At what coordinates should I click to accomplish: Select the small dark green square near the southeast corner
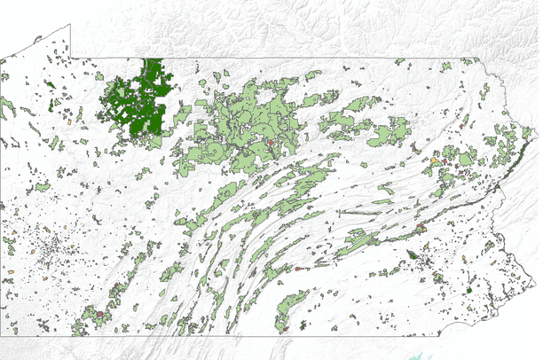(469, 290)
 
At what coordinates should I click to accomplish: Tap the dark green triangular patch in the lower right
(412, 255)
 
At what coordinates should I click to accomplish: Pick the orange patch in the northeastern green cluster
(436, 160)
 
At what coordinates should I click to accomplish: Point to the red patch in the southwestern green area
(100, 314)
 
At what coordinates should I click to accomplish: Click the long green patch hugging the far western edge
(8, 108)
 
